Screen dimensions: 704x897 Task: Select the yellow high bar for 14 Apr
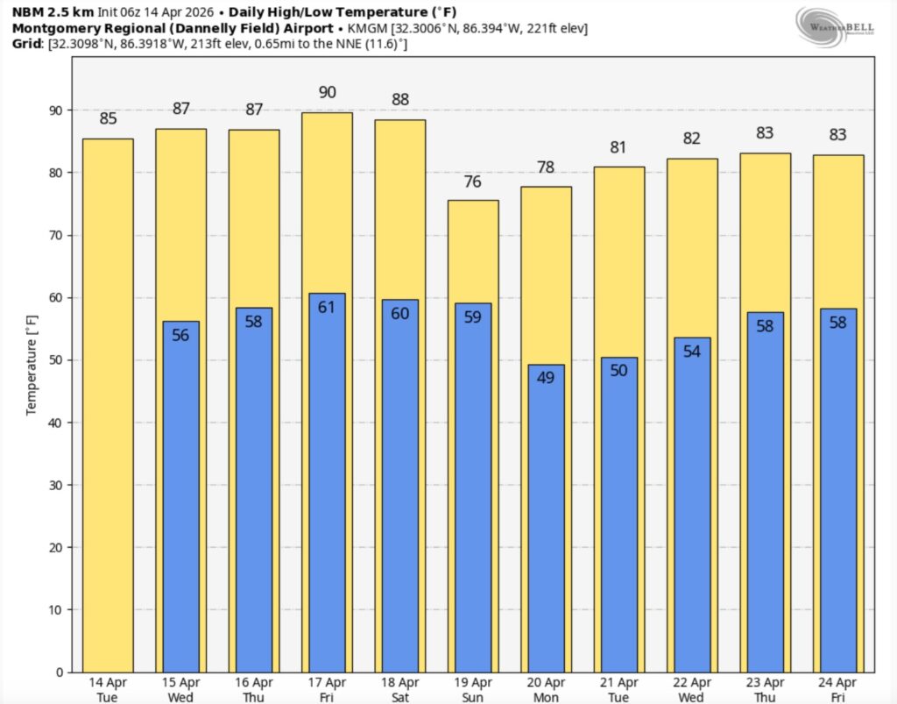pyautogui.click(x=108, y=403)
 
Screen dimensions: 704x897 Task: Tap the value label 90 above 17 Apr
pyautogui.click(x=327, y=92)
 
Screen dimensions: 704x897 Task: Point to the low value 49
pyautogui.click(x=546, y=379)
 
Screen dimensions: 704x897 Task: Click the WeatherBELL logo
pyautogui.click(x=834, y=24)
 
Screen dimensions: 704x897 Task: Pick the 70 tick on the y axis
pyautogui.click(x=58, y=236)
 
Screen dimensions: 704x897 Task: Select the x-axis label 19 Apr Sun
pyautogui.click(x=473, y=688)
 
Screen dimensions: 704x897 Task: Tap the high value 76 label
pyautogui.click(x=473, y=182)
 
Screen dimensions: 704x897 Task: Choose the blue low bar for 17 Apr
pyautogui.click(x=327, y=482)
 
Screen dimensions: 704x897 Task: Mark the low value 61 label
pyautogui.click(x=327, y=307)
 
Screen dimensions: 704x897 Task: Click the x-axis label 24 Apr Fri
pyautogui.click(x=837, y=688)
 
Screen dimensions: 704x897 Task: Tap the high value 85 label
pyautogui.click(x=108, y=118)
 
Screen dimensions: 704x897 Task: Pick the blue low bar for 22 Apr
pyautogui.click(x=692, y=508)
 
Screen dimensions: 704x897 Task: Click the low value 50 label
pyautogui.click(x=618, y=371)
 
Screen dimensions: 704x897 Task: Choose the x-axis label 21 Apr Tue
pyautogui.click(x=618, y=688)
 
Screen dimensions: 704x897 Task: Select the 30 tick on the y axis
pyautogui.click(x=58, y=485)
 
